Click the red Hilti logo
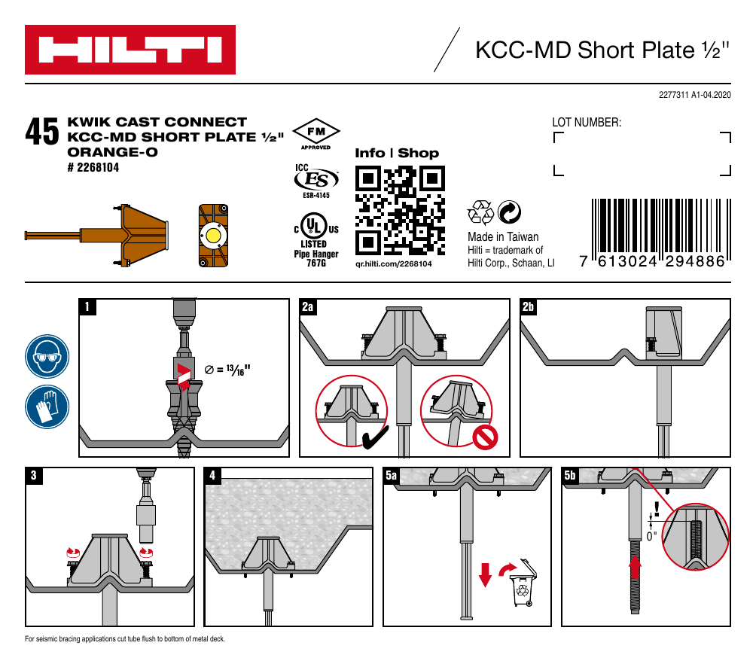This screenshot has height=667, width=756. tap(130, 50)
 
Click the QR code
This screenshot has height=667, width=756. tap(398, 210)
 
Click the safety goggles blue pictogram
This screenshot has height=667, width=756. tap(47, 357)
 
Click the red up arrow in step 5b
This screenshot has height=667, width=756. tap(636, 566)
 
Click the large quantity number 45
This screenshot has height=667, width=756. tap(41, 133)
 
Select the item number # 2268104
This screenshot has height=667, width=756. tap(94, 167)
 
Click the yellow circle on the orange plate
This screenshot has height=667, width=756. tap(213, 236)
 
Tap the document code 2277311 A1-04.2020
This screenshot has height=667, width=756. tap(694, 95)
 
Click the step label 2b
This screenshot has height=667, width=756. tap(529, 306)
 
